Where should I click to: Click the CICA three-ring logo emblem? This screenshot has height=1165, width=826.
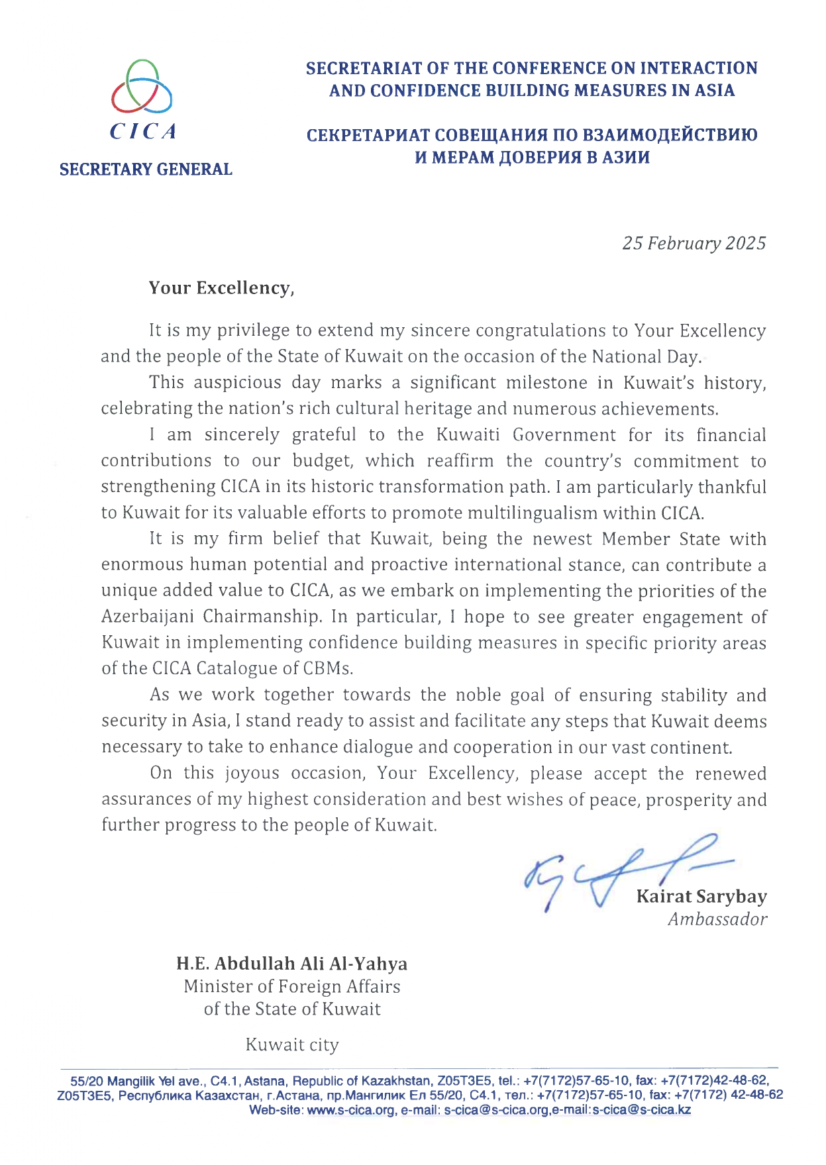pos(142,87)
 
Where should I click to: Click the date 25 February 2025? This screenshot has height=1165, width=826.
pos(694,243)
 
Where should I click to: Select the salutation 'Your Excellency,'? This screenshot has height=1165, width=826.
pos(221,288)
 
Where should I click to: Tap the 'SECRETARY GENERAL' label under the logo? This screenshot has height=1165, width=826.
pos(146,170)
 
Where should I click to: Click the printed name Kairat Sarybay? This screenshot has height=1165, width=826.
pos(701,897)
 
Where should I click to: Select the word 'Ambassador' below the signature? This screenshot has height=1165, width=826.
pos(717,919)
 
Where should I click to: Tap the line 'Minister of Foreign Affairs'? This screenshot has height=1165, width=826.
pos(292,986)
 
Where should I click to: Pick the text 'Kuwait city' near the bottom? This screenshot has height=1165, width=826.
pos(292,1045)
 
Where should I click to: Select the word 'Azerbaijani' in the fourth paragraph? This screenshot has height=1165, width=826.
pos(148,617)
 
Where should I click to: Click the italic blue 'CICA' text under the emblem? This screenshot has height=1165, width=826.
pos(143,132)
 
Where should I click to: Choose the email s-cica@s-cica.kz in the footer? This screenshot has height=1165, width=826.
pos(641,1111)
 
